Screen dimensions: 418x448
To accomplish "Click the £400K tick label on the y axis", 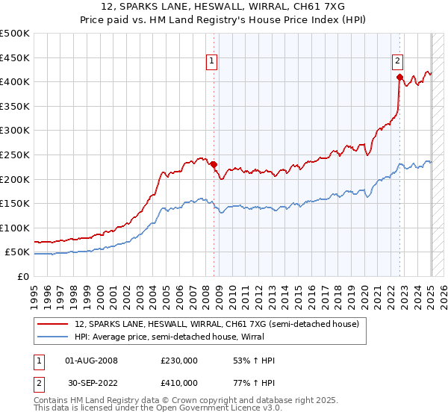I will click(14, 81).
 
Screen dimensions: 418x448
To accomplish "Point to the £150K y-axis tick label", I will click(14, 203).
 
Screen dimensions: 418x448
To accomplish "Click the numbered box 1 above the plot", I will click(213, 62).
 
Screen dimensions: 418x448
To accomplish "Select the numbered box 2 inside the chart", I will click(398, 62).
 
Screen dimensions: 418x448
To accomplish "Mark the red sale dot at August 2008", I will click(214, 164).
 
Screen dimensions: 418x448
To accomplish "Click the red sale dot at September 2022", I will click(400, 77).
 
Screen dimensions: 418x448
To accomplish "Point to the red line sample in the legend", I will click(54, 324).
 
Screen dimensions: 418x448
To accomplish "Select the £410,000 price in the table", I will click(179, 383).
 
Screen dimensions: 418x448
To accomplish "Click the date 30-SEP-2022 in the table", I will click(92, 383).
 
